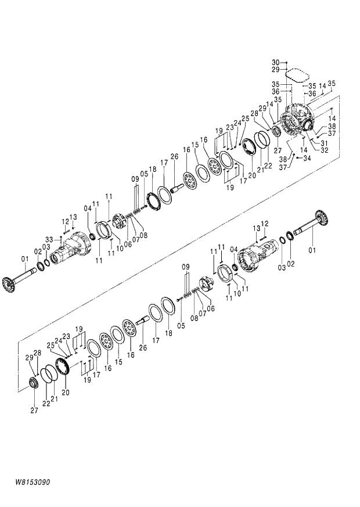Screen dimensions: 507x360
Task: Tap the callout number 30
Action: click(x=276, y=62)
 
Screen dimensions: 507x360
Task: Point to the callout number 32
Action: click(x=324, y=150)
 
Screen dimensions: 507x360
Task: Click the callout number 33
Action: click(x=49, y=239)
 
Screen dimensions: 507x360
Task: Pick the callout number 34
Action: click(x=307, y=159)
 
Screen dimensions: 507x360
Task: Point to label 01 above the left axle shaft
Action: click(x=24, y=258)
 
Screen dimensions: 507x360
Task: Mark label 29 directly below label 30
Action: click(x=276, y=70)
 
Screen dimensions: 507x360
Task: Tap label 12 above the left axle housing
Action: click(x=66, y=221)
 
